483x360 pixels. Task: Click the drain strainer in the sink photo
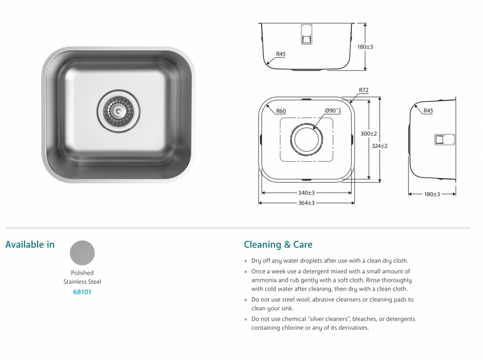point(118,111)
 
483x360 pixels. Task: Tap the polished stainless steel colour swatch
point(82,253)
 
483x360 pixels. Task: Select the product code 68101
point(82,292)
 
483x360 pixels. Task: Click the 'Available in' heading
point(30,245)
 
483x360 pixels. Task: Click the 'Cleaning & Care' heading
point(278,245)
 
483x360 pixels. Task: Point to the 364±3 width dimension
point(306,203)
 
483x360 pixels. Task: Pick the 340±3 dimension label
point(306,193)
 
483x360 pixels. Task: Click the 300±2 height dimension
point(368,134)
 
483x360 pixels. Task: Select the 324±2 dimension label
point(379,146)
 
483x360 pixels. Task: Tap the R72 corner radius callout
point(363,90)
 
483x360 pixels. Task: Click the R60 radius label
point(281,111)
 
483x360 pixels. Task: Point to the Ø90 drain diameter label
point(333,111)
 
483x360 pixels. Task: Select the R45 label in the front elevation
point(281,54)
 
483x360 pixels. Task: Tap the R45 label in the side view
point(428,111)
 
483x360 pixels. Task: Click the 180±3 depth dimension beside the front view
point(365,47)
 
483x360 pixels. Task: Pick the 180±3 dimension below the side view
point(432,194)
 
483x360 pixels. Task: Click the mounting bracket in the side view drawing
point(444,139)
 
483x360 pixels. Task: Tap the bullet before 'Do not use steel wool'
point(246,300)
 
